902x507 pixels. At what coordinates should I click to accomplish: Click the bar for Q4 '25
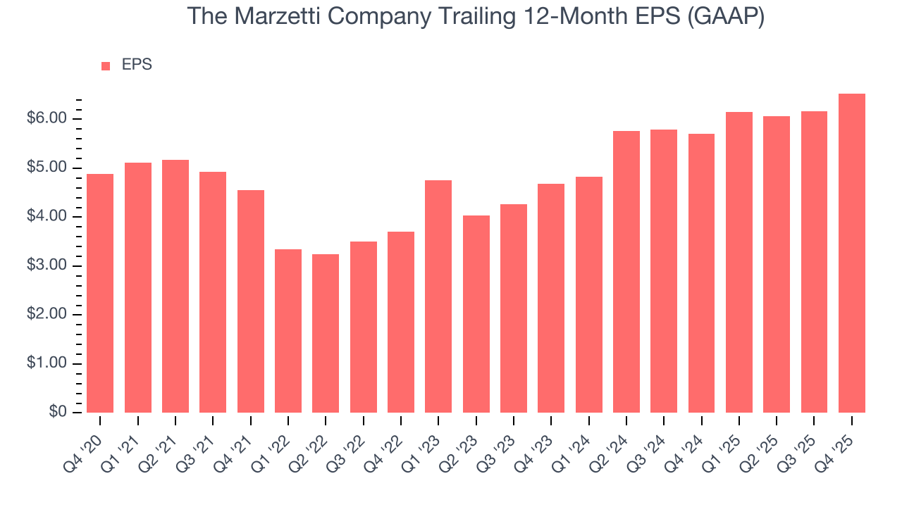pyautogui.click(x=852, y=254)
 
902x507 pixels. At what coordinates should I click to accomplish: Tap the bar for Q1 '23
pyautogui.click(x=438, y=296)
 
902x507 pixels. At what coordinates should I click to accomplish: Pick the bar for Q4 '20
pyautogui.click(x=100, y=293)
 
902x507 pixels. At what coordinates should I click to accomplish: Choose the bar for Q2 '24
pyautogui.click(x=626, y=272)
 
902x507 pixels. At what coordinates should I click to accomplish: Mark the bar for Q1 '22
pyautogui.click(x=288, y=331)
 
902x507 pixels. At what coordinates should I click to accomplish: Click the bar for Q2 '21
pyautogui.click(x=175, y=286)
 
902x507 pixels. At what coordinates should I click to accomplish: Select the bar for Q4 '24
pyautogui.click(x=701, y=273)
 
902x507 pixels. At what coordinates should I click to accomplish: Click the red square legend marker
pyautogui.click(x=106, y=65)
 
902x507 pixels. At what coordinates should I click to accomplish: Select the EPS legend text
pyautogui.click(x=137, y=65)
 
